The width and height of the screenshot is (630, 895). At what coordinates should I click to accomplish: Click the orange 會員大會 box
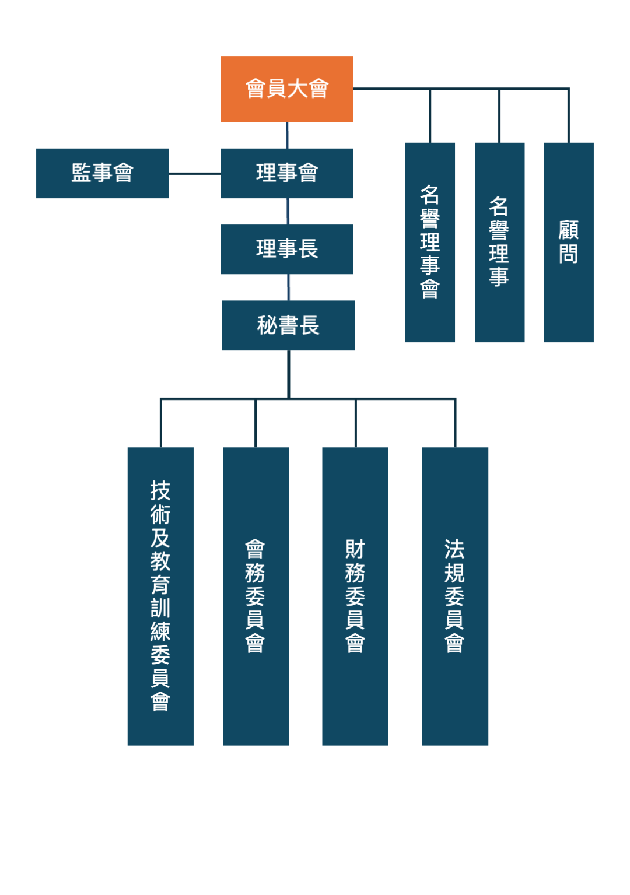(287, 89)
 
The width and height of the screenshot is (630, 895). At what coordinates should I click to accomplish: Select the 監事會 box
(103, 173)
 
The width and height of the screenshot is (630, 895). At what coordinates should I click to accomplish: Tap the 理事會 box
(287, 173)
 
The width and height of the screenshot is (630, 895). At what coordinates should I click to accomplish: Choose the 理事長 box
(287, 249)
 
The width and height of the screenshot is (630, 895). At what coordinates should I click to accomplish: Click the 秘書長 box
(288, 325)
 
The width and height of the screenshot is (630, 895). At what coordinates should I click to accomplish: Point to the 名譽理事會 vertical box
(430, 242)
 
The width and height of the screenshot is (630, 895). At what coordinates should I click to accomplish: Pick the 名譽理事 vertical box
(499, 242)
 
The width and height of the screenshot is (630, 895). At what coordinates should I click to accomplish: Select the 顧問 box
(569, 242)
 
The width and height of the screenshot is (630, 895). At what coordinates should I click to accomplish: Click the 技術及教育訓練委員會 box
(160, 596)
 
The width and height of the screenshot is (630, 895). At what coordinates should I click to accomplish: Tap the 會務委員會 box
(256, 596)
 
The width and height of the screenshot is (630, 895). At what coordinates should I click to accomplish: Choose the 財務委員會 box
(355, 596)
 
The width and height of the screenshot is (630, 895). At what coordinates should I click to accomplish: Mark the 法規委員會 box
(455, 596)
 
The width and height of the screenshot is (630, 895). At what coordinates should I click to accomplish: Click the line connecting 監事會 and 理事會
(195, 173)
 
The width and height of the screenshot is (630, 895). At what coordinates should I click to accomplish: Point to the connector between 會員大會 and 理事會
(287, 135)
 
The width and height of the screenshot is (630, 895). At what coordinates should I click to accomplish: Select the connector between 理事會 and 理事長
(288, 211)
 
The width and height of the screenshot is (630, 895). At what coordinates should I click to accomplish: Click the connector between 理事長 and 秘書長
(289, 287)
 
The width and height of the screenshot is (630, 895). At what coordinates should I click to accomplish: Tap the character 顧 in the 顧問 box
(569, 230)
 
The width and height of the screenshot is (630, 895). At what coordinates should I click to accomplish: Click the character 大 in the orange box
(297, 89)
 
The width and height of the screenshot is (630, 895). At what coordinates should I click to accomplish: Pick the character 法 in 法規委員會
(455, 549)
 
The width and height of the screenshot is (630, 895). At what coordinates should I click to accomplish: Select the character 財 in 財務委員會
(355, 549)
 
